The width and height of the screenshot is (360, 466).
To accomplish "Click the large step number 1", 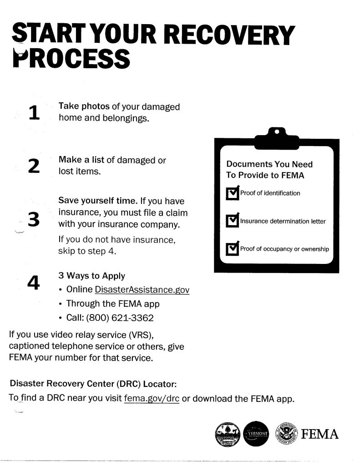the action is (34, 113).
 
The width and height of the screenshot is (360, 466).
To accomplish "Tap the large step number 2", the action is (34, 166).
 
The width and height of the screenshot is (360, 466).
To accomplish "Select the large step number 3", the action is (34, 219).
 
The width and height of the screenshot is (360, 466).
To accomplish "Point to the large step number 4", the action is (33, 282).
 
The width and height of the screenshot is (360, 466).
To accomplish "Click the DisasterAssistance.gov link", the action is (142, 290).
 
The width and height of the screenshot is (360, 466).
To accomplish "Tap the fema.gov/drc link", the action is (152, 398).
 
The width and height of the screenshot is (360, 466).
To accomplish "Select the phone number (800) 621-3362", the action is (120, 318).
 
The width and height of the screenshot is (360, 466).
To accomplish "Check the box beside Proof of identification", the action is (233, 193).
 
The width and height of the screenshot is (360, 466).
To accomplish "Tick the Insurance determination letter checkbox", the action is (233, 220).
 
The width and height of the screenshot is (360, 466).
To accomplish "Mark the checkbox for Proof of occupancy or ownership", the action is (233, 248).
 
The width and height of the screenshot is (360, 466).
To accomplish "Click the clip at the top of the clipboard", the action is (277, 138).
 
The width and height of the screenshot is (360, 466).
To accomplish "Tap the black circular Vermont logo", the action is (256, 434).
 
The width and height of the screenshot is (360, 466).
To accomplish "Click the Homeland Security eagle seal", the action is (287, 434).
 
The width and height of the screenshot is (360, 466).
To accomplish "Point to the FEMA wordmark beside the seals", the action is (320, 434).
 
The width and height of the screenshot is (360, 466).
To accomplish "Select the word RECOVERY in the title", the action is (229, 35).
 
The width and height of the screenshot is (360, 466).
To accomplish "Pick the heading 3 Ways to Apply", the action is (91, 275).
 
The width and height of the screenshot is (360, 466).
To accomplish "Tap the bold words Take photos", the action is (84, 106).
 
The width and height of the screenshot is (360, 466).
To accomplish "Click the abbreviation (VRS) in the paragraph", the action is (141, 334).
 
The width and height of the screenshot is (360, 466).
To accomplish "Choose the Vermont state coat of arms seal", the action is (228, 434).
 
